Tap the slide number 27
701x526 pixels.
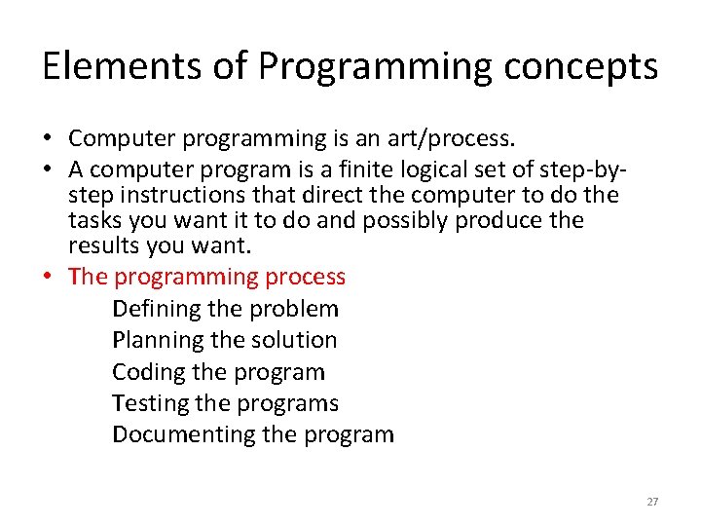click(x=652, y=502)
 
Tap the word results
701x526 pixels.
click(x=102, y=245)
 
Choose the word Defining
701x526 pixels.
click(x=156, y=310)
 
